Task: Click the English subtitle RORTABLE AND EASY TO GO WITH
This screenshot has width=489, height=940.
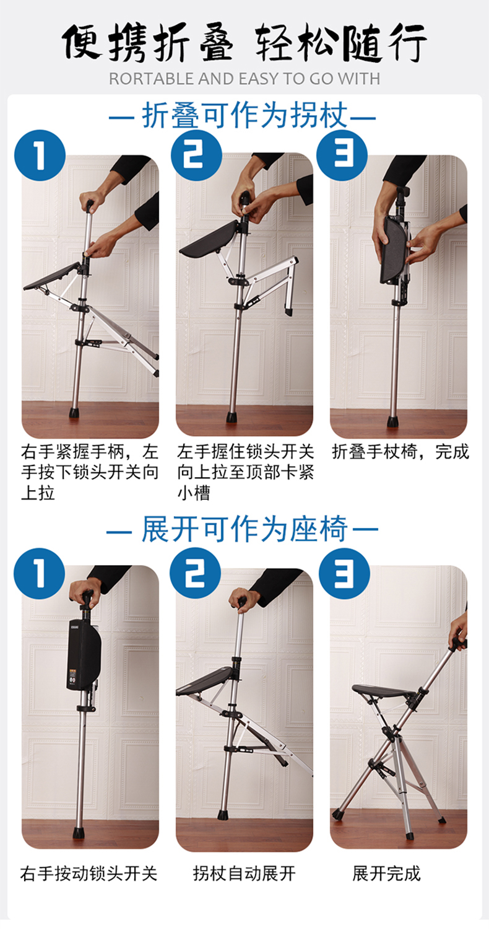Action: [x=244, y=79]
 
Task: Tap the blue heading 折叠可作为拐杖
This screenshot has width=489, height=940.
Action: [x=244, y=115]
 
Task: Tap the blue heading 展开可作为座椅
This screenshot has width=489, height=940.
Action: [x=244, y=529]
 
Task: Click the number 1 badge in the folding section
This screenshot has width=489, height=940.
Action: [x=40, y=156]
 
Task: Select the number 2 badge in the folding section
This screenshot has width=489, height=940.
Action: [x=196, y=156]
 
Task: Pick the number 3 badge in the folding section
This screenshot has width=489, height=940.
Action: [x=342, y=156]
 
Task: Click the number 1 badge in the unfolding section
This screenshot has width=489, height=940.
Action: [x=40, y=573]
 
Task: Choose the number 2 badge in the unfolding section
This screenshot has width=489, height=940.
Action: [x=195, y=573]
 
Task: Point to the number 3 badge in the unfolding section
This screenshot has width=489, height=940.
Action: [x=344, y=573]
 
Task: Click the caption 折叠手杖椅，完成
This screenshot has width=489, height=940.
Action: [x=400, y=452]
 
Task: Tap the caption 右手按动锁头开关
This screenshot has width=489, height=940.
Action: [x=89, y=874]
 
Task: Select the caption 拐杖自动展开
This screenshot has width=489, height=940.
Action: [x=244, y=874]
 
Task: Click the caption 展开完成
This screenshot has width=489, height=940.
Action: [x=386, y=874]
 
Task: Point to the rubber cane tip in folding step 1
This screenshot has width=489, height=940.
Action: [x=75, y=413]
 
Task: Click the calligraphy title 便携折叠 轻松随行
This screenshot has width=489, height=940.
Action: [x=244, y=42]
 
